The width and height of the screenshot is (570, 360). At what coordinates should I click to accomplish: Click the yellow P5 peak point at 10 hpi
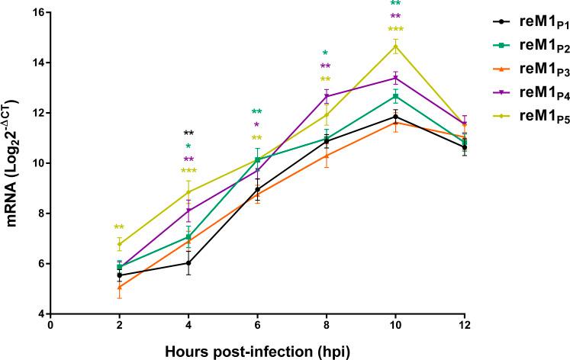(395, 46)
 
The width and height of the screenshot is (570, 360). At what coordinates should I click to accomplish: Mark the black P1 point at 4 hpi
(188, 262)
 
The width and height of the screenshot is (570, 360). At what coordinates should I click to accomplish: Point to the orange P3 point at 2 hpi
(119, 288)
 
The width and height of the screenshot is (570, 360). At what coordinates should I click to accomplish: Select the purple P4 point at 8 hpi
(327, 96)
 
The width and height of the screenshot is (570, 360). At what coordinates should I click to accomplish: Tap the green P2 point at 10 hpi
(395, 96)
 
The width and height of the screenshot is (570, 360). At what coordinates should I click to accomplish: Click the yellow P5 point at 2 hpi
(119, 244)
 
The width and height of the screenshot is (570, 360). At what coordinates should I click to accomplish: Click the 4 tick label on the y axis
(40, 313)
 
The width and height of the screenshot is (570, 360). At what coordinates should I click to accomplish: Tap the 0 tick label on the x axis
(50, 325)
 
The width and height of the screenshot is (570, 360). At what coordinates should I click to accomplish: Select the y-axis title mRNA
(14, 162)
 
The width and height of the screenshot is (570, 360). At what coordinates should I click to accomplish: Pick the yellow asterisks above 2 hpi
(119, 227)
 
